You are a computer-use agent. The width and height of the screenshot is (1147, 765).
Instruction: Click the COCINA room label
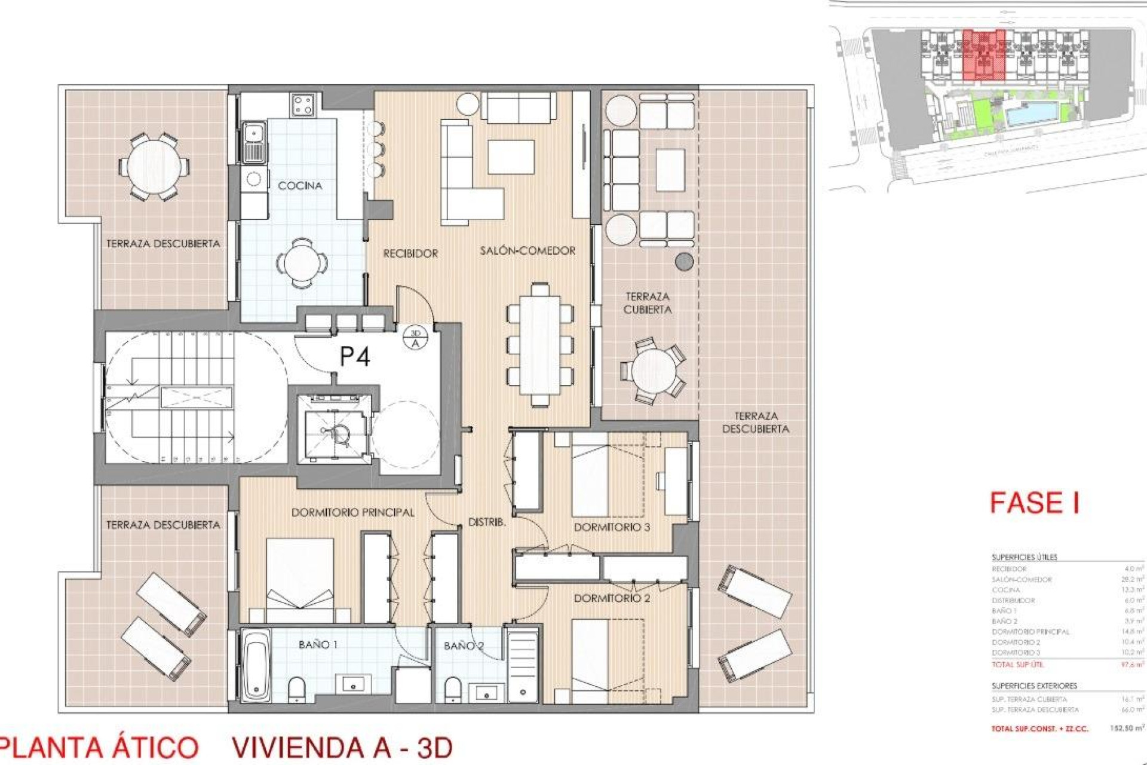(300, 186)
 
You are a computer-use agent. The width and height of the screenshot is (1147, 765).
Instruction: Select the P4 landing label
(354, 357)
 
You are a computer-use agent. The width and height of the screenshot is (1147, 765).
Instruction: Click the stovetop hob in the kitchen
(303, 105)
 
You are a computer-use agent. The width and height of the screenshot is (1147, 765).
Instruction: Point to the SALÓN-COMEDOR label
(528, 251)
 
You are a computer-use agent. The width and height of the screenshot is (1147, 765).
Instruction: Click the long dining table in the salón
(541, 345)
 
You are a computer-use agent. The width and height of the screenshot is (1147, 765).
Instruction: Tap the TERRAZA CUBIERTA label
(648, 303)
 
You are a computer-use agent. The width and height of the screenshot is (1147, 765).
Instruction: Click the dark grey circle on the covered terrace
(684, 261)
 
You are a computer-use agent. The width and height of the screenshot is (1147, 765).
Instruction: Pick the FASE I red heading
(1034, 503)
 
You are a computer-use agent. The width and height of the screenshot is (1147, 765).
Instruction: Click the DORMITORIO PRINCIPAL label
(352, 513)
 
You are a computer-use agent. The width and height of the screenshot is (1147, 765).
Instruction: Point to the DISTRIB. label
(486, 522)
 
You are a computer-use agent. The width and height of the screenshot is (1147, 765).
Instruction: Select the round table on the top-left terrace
(153, 166)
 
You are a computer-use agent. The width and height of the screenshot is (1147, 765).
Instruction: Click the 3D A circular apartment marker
(415, 338)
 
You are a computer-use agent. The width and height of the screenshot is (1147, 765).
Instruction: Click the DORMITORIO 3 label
(612, 527)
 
